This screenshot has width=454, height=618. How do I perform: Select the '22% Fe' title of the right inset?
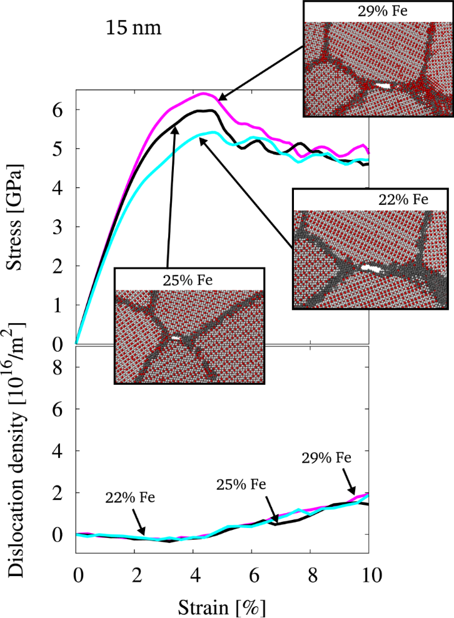point(403,200)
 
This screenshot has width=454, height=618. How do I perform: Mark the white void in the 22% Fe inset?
point(373,267)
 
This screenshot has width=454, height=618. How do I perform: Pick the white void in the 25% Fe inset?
point(176,337)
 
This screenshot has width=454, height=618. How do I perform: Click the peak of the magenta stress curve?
point(204,94)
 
